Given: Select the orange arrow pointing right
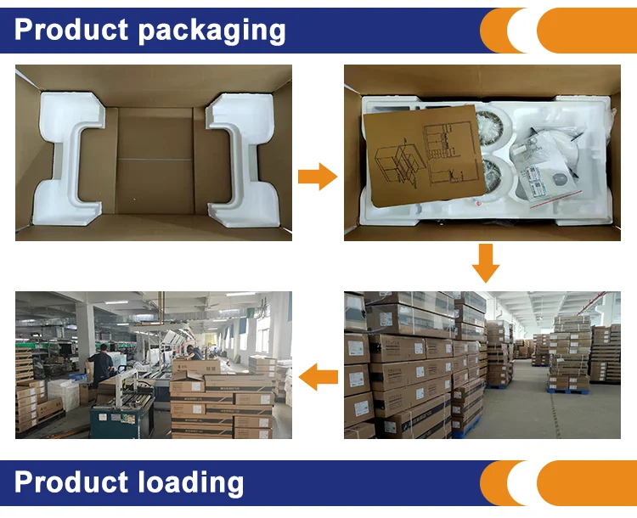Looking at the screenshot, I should (317, 177).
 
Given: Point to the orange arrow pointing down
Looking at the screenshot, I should (485, 262).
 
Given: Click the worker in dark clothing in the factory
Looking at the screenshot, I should (102, 365).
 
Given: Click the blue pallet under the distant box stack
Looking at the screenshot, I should (569, 390).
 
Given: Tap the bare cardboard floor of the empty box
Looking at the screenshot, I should (155, 161).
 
